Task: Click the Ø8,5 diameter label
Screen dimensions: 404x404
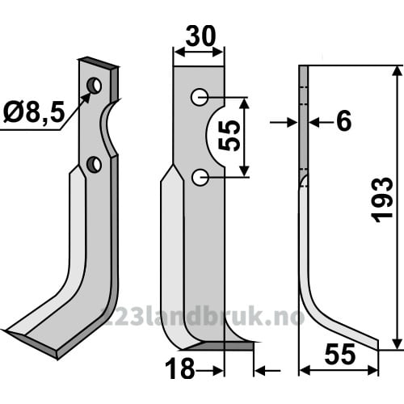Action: click(34, 113)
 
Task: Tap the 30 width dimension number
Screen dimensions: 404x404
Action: click(200, 36)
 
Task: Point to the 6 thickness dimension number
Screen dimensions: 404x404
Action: click(343, 120)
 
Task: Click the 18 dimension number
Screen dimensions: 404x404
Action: click(179, 369)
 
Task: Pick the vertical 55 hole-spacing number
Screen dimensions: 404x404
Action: click(229, 136)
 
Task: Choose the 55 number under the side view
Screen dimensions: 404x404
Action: click(340, 354)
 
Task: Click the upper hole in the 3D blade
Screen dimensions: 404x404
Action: click(94, 86)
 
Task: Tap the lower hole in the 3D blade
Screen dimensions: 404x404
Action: click(94, 164)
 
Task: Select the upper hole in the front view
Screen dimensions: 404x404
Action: click(200, 97)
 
